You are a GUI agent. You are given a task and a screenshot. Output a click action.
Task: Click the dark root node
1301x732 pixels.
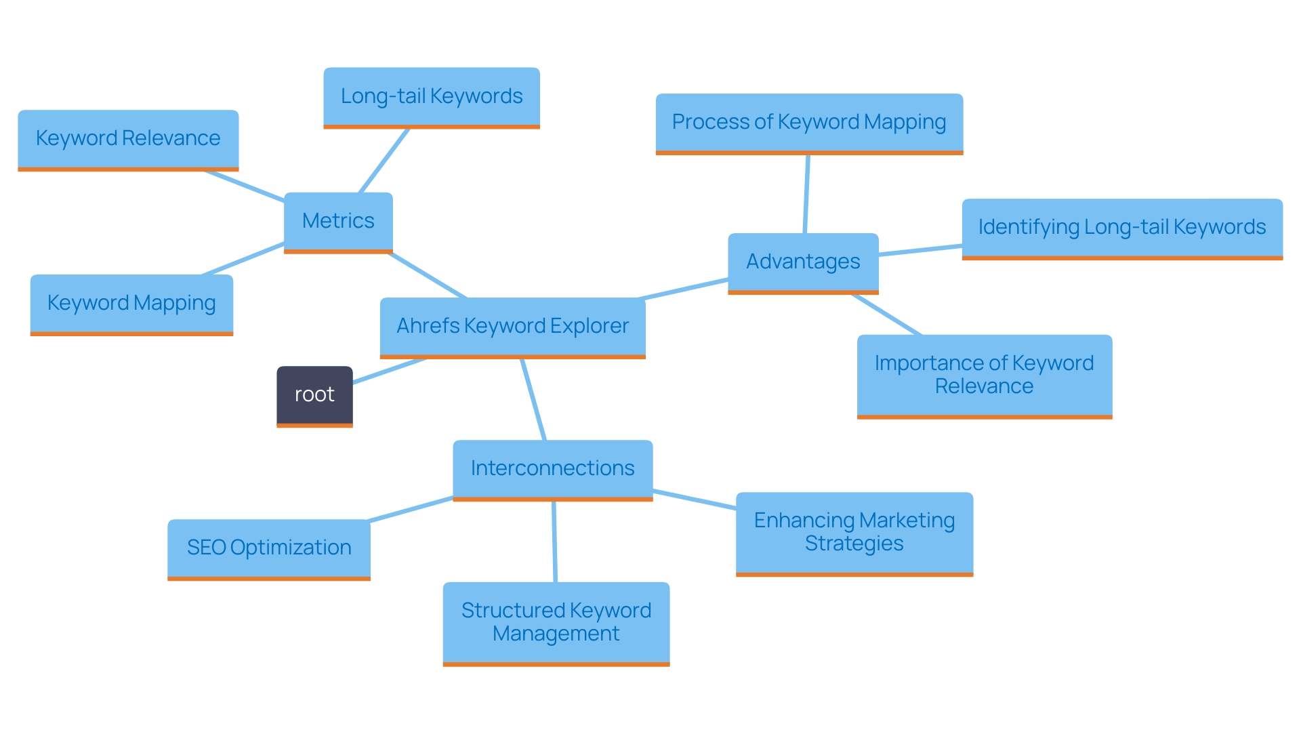(314, 396)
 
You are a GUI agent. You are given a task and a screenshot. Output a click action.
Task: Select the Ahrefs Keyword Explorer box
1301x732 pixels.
(512, 327)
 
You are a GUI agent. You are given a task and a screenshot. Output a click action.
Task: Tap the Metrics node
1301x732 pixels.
(338, 222)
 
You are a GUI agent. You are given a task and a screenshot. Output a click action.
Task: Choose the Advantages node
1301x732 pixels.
(803, 262)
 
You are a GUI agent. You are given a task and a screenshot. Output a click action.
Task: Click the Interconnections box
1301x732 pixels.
(552, 469)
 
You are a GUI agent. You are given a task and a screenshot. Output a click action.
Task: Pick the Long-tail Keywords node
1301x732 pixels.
(432, 97)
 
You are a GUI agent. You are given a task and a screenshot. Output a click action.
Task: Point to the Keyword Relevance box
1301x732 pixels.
(128, 139)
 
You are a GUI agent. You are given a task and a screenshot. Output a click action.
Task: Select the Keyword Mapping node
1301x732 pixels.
(131, 304)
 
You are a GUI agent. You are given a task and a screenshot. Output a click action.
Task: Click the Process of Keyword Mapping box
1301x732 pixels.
(809, 123)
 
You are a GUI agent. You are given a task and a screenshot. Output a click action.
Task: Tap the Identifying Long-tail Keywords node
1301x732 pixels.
(1122, 228)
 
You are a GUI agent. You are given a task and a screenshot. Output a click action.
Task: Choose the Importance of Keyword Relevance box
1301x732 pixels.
(984, 375)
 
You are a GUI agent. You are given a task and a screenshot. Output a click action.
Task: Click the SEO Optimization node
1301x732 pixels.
(269, 548)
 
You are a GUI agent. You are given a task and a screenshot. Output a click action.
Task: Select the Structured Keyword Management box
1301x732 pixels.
(556, 622)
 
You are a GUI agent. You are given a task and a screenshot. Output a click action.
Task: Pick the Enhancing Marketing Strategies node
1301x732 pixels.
(854, 533)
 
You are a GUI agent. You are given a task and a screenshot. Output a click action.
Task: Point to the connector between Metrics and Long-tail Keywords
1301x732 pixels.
(384, 161)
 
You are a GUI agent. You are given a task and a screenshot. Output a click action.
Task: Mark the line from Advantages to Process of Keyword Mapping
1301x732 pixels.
(806, 194)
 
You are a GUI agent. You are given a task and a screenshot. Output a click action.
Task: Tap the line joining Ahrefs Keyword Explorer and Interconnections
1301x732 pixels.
(533, 399)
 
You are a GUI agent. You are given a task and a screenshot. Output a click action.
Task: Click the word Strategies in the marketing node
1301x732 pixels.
(854, 544)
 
